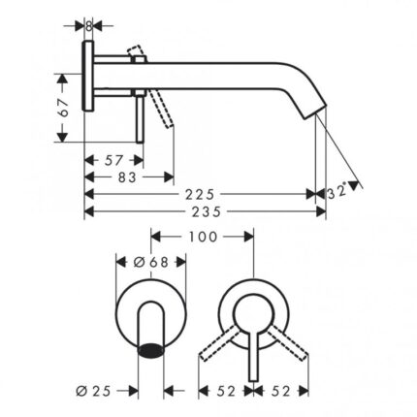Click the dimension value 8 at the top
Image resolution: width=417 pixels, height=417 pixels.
click(88, 26)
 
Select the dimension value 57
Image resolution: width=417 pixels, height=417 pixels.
click(114, 160)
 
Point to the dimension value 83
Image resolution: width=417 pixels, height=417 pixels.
click(127, 177)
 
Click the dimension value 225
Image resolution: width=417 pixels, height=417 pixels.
click(200, 194)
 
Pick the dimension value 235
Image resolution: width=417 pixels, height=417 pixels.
click(206, 211)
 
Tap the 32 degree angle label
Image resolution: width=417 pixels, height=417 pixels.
click(337, 192)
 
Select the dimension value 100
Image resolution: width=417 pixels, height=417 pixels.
click(203, 237)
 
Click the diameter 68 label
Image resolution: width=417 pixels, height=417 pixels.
click(151, 262)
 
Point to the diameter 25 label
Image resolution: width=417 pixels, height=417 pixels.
click(93, 392)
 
